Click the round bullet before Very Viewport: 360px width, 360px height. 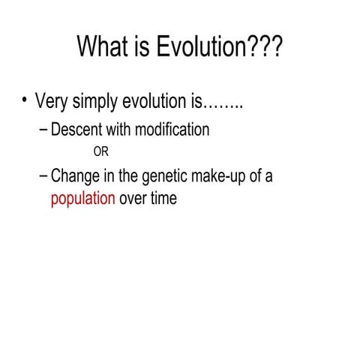pyautogui.click(x=25, y=100)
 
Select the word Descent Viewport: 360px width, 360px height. pyautogui.click(x=76, y=130)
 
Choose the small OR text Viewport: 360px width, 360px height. pyautogui.click(x=100, y=152)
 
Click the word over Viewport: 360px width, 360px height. pyautogui.click(x=133, y=200)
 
